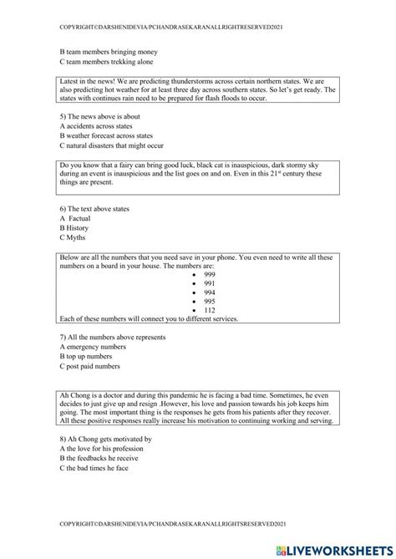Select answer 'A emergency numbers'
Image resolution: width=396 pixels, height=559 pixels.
94,347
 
